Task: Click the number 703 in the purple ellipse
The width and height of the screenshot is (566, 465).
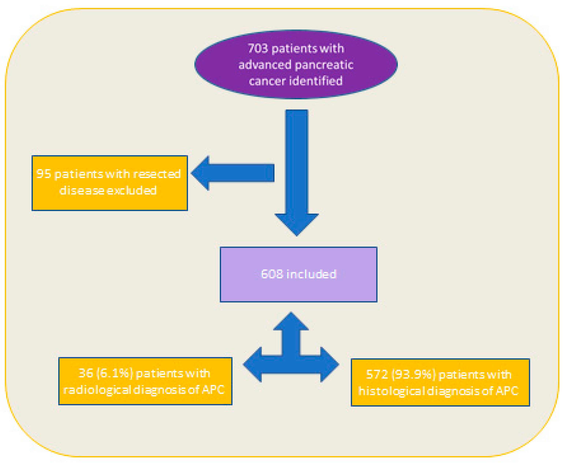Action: [x=258, y=48]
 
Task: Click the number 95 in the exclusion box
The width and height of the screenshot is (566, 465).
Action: [x=43, y=174]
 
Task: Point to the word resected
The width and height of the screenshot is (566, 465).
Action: [x=157, y=174]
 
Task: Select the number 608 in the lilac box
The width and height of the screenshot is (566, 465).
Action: [x=272, y=274]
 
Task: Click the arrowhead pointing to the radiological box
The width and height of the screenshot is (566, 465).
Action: [x=253, y=364]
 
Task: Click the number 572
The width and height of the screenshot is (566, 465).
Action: [x=377, y=374]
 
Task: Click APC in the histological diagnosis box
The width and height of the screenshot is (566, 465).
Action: [x=507, y=391]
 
